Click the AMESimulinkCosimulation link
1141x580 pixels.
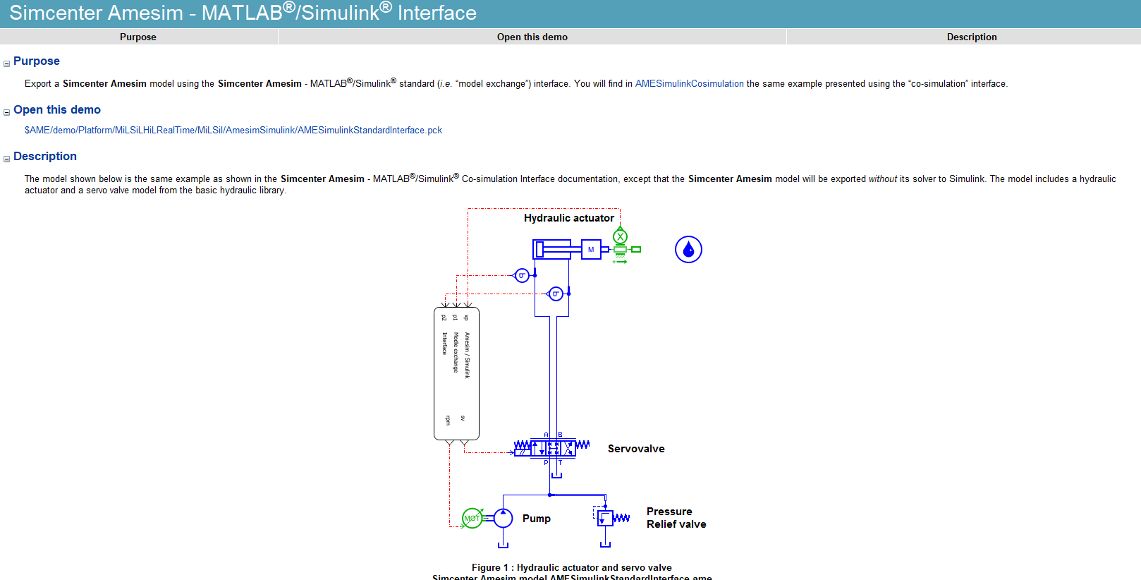pyautogui.click(x=689, y=83)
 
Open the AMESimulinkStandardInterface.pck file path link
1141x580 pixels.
pyautogui.click(x=233, y=131)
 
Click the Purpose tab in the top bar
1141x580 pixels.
pyautogui.click(x=138, y=37)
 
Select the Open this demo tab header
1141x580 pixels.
pyautogui.click(x=532, y=37)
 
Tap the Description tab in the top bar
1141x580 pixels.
pyautogui.click(x=971, y=37)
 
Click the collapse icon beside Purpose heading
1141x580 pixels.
pyautogui.click(x=6, y=64)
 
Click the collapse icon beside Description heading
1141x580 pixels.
pyautogui.click(x=6, y=159)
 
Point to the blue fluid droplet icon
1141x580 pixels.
pyautogui.click(x=688, y=250)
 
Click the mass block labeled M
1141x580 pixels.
pyautogui.click(x=591, y=249)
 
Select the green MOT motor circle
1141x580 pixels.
pyautogui.click(x=472, y=518)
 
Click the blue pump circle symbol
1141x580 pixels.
pyautogui.click(x=503, y=518)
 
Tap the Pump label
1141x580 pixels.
pyautogui.click(x=536, y=519)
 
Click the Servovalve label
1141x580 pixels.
pyautogui.click(x=635, y=449)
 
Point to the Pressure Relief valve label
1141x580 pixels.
pyautogui.click(x=676, y=518)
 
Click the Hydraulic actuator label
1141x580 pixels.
pyautogui.click(x=568, y=218)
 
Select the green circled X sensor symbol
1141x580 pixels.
pyautogui.click(x=620, y=236)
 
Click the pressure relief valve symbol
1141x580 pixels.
pyautogui.click(x=605, y=518)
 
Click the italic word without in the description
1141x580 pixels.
pyautogui.click(x=882, y=179)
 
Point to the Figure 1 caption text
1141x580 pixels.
pyautogui.click(x=571, y=567)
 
